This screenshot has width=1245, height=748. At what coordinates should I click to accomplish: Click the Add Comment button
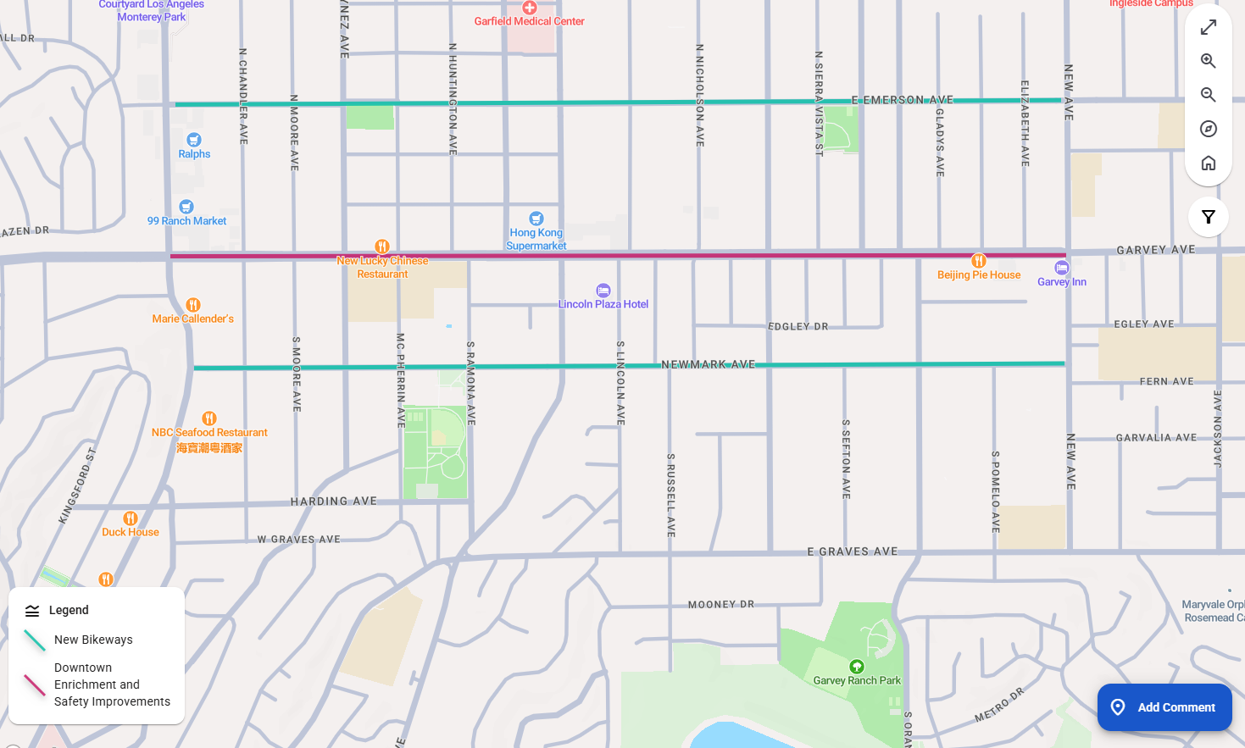click(x=1164, y=707)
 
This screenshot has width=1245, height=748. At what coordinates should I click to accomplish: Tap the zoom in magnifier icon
click(x=1209, y=61)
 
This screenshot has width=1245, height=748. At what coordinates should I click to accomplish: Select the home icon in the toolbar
click(x=1209, y=163)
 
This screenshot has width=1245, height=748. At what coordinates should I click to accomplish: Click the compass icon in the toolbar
click(x=1209, y=129)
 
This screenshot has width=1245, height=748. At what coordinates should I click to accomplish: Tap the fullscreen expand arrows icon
click(x=1209, y=27)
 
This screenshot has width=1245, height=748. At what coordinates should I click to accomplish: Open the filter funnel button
click(x=1209, y=217)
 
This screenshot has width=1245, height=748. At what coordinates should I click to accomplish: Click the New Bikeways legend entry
click(x=93, y=640)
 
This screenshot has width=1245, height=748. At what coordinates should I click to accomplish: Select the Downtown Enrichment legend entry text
click(x=112, y=684)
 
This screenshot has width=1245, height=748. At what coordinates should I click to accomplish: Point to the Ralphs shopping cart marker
click(x=194, y=140)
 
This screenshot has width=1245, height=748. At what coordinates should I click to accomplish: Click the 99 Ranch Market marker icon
click(x=186, y=207)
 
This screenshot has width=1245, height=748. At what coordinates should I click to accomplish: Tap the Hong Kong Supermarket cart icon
click(x=536, y=219)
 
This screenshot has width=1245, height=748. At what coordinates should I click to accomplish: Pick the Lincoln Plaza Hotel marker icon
click(x=603, y=291)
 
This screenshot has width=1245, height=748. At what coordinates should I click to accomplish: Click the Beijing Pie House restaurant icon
click(x=979, y=261)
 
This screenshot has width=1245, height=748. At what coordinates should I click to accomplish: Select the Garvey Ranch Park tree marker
click(x=857, y=667)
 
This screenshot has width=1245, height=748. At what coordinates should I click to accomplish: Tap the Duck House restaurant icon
click(x=131, y=518)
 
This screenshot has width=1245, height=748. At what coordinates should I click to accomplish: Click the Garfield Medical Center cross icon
click(x=530, y=8)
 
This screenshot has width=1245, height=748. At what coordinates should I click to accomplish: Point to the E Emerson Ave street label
click(x=903, y=100)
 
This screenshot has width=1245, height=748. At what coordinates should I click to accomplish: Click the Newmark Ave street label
click(x=708, y=364)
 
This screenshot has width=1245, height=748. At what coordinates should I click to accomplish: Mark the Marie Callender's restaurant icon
click(x=193, y=305)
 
